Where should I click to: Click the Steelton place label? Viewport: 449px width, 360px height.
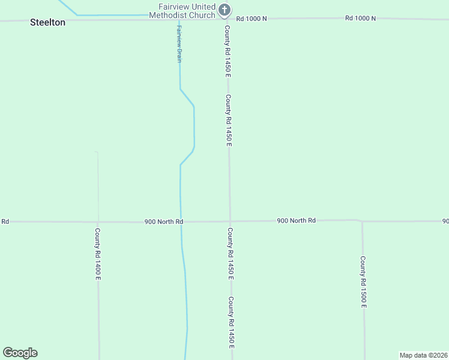pos(47,22)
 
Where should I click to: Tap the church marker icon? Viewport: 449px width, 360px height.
pos(224,10)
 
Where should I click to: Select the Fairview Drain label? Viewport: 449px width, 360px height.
pos(179,44)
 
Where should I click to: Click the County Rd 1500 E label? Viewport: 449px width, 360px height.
pos(363,282)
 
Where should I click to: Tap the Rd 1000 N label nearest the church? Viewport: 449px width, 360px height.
pos(252,19)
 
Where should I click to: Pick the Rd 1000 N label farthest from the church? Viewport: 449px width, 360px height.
pos(360,18)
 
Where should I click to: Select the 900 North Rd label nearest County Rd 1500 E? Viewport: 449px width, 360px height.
pos(296,221)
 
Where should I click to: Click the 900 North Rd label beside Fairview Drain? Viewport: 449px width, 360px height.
pos(163,221)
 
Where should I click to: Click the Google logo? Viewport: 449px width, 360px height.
pos(20,353)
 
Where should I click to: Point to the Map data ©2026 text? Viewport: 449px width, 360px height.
pos(423,355)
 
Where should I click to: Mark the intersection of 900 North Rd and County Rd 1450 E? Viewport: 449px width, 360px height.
pos(229,221)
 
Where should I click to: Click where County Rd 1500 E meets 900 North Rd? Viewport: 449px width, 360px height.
pos(362,221)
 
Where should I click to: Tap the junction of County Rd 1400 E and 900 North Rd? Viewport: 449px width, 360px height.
pos(98,221)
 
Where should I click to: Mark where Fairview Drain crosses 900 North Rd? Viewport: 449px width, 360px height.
pos(181,221)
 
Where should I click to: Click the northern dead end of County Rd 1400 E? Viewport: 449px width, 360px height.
pos(97,152)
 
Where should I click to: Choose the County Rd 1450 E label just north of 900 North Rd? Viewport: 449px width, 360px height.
pos(229,120)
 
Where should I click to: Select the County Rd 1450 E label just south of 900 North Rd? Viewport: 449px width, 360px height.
pos(230,254)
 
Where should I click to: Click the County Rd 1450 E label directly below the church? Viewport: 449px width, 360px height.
pos(228,51)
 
